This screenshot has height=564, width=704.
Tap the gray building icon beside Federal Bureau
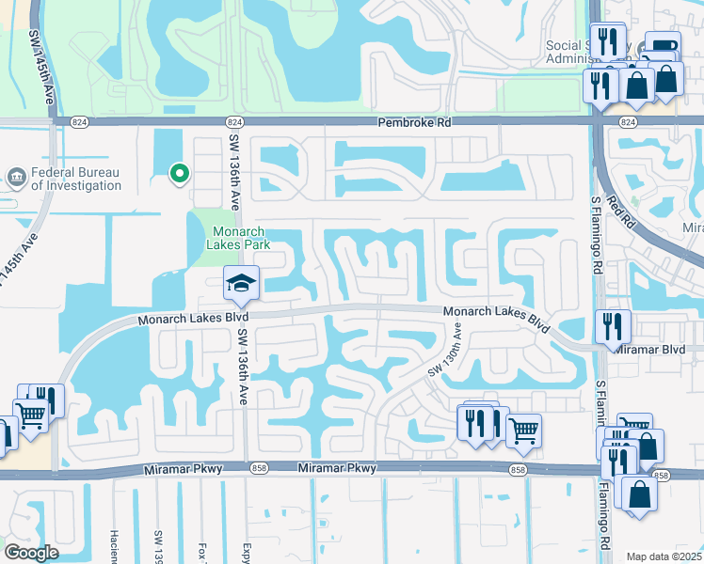coord(16,177)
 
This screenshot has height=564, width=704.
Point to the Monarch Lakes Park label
coord(239,238)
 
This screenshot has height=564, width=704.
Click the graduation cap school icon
coord(241,283)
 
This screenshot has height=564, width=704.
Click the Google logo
coord(31,553)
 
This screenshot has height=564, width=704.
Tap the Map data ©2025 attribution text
coord(664,556)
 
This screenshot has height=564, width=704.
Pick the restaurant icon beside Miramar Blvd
coord(613,326)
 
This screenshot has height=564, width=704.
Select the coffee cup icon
coord(662,47)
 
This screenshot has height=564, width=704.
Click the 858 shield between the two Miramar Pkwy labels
coord(258,468)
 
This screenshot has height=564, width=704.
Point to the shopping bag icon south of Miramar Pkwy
coord(639,494)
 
